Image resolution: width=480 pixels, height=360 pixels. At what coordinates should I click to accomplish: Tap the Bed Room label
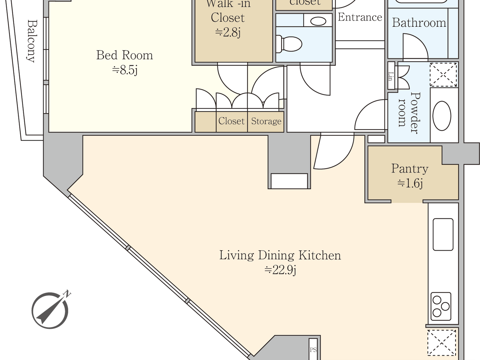(x=124, y=55)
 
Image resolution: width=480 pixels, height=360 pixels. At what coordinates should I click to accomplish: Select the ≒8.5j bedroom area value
(x=125, y=70)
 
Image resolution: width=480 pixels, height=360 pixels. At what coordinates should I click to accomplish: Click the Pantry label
(x=410, y=169)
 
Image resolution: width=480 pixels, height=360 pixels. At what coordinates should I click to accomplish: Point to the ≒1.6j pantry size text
(x=410, y=183)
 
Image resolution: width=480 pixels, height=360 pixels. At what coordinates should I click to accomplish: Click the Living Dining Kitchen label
(x=280, y=255)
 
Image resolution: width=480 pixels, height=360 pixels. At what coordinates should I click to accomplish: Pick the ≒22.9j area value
(x=280, y=270)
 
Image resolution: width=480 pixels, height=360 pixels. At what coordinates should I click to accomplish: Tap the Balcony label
(x=32, y=41)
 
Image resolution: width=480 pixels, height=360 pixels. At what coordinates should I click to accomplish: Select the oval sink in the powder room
(x=442, y=116)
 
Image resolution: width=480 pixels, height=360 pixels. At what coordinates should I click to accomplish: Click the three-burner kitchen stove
(x=441, y=306)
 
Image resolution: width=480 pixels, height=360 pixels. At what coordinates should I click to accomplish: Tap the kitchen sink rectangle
(x=443, y=235)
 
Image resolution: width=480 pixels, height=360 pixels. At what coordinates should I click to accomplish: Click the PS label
(x=313, y=350)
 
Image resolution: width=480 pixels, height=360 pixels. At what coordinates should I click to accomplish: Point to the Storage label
(x=266, y=121)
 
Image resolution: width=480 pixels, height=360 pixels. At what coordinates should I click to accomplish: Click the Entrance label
(x=360, y=17)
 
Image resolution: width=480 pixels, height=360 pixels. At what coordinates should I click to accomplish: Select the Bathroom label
(x=419, y=23)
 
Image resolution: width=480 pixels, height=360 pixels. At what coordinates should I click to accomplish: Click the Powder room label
(x=409, y=112)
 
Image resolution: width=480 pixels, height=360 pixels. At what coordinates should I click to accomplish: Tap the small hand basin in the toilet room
(x=318, y=21)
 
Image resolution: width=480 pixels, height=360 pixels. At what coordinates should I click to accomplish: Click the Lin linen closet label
(x=391, y=76)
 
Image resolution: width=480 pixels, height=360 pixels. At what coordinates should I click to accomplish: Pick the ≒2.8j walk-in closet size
(x=228, y=33)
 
